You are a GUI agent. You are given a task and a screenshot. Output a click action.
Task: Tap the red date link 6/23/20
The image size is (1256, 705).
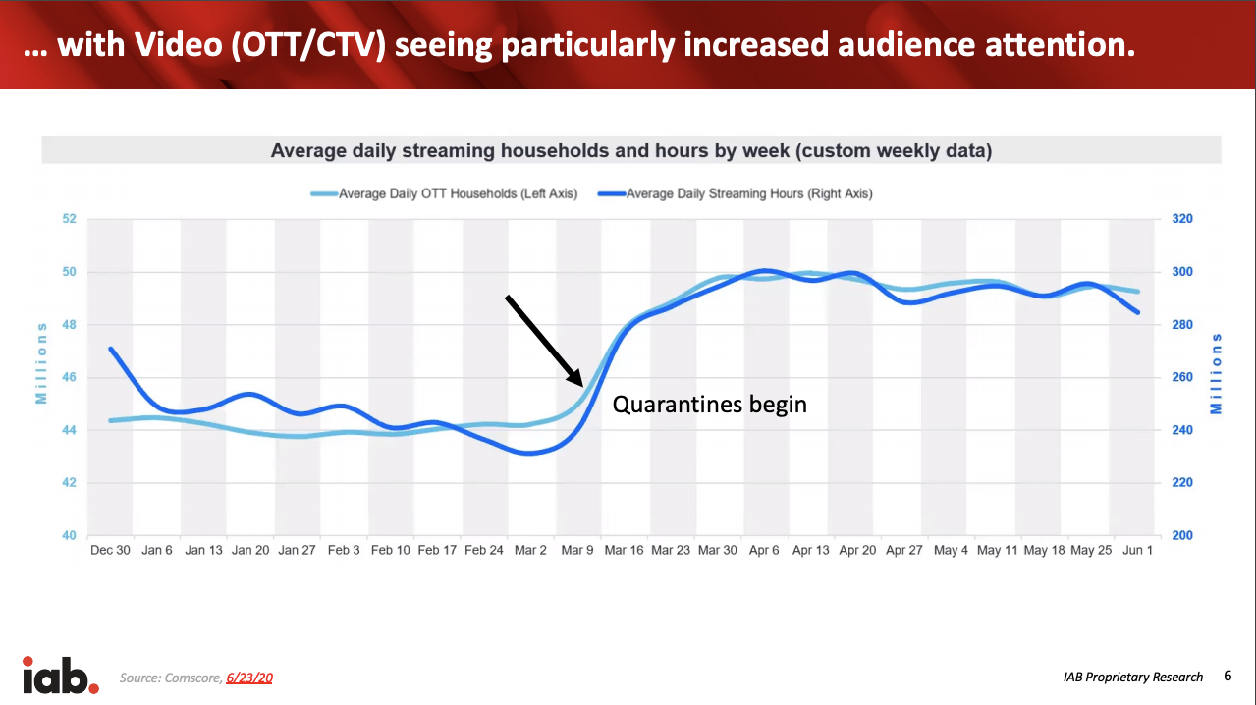coord(248,678)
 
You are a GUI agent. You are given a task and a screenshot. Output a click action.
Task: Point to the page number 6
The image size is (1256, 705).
coord(1228,676)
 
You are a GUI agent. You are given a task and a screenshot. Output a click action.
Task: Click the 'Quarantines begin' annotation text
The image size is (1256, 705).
coord(709,404)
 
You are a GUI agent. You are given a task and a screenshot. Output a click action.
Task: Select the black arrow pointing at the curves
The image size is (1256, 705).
coord(544,340)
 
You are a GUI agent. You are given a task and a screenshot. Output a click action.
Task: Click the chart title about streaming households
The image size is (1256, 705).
coord(630,151)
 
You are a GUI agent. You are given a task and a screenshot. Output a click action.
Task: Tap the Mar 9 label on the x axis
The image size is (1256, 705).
coord(577,550)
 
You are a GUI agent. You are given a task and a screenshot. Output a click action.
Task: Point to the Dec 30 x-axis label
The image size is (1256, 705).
coord(109,550)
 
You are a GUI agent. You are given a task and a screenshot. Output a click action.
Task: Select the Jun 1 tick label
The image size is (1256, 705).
coord(1138,550)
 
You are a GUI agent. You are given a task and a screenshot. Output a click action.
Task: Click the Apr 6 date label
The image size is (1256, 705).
coord(764,550)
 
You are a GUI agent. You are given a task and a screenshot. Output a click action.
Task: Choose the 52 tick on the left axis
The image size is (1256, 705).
coord(69,219)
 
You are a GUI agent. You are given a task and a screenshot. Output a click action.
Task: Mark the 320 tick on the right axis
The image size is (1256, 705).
coord(1182,219)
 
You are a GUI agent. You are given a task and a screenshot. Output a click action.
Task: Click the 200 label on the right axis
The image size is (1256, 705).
coord(1182,536)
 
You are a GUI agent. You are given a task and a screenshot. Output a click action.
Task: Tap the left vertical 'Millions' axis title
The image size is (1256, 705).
coord(41,362)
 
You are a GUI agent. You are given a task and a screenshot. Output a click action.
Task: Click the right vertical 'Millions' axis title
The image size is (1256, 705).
coord(1218,373)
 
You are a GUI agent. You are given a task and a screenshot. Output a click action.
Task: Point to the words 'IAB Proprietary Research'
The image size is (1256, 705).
coord(1132,677)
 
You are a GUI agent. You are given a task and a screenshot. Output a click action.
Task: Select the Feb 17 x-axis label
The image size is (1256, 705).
coord(437,550)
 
